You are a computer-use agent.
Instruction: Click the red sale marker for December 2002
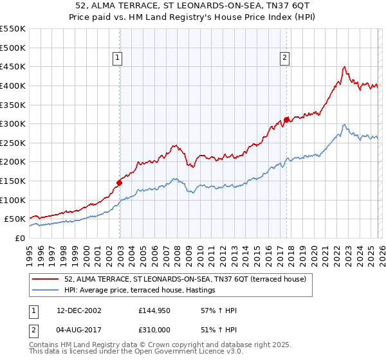point(120,183)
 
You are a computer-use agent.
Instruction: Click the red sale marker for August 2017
point(286,120)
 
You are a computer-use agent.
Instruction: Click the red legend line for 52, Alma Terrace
point(46,279)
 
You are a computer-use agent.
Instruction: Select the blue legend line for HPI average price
point(46,291)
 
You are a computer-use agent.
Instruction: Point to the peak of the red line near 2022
point(345,66)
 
